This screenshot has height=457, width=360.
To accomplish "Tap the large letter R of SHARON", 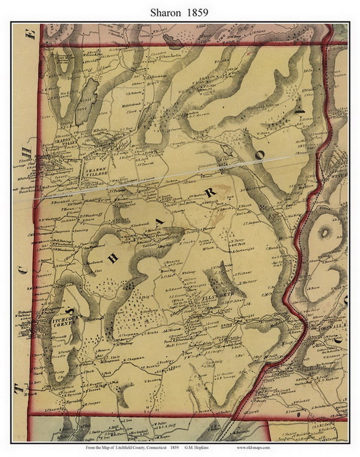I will pyautogui.click(x=210, y=192).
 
